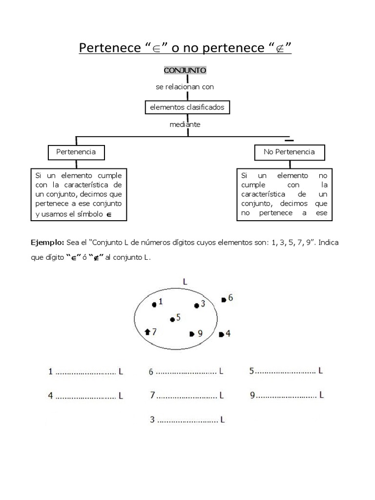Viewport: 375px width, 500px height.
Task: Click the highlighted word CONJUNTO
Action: pyautogui.click(x=185, y=70)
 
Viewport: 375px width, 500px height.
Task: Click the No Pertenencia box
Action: pyautogui.click(x=289, y=152)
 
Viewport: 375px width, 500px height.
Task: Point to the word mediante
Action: pyautogui.click(x=185, y=124)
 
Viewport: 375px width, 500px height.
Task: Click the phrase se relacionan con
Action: pyautogui.click(x=185, y=86)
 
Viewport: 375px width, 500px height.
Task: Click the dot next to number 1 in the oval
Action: pyautogui.click(x=154, y=304)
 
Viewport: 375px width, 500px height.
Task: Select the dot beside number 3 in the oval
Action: pyautogui.click(x=196, y=306)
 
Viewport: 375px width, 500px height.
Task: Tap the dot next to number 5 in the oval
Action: pyautogui.click(x=172, y=320)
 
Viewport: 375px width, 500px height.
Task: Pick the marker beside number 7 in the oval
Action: pyautogui.click(x=148, y=332)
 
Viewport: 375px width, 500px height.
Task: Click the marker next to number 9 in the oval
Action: pyautogui.click(x=191, y=334)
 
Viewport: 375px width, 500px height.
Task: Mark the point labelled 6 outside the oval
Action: pyautogui.click(x=223, y=299)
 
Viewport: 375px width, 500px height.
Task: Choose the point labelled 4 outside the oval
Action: pyautogui.click(x=221, y=334)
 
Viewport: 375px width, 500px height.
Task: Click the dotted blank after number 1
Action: pyautogui.click(x=85, y=373)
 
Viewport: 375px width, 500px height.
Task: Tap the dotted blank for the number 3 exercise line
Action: pyautogui.click(x=187, y=419)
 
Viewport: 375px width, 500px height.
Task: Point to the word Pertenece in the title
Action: pyautogui.click(x=108, y=49)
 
